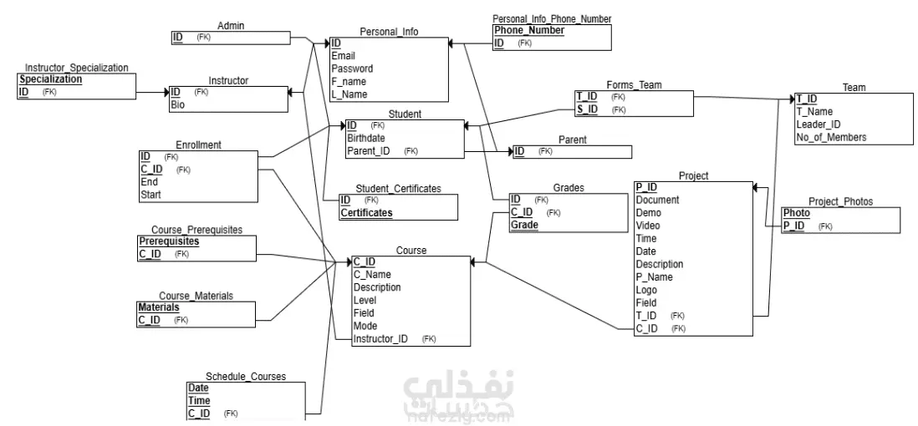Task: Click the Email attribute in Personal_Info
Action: coord(343,56)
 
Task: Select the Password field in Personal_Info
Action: coord(352,68)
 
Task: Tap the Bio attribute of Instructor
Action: coord(177,104)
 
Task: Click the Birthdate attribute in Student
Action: coord(366,138)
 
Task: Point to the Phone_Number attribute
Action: coord(529,30)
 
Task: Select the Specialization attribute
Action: coord(51,79)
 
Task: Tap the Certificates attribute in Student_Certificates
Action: coord(366,213)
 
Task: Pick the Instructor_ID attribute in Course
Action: coord(380,339)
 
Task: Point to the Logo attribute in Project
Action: coord(646,290)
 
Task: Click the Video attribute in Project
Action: coord(648,226)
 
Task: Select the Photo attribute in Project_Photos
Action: coord(797,213)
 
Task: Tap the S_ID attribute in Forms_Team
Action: coord(587,109)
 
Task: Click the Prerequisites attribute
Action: coord(169,241)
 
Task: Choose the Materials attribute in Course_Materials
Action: coord(159,307)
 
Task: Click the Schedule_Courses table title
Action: coord(246,376)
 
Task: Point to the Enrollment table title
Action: coord(198,145)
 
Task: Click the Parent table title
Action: coord(572,139)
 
